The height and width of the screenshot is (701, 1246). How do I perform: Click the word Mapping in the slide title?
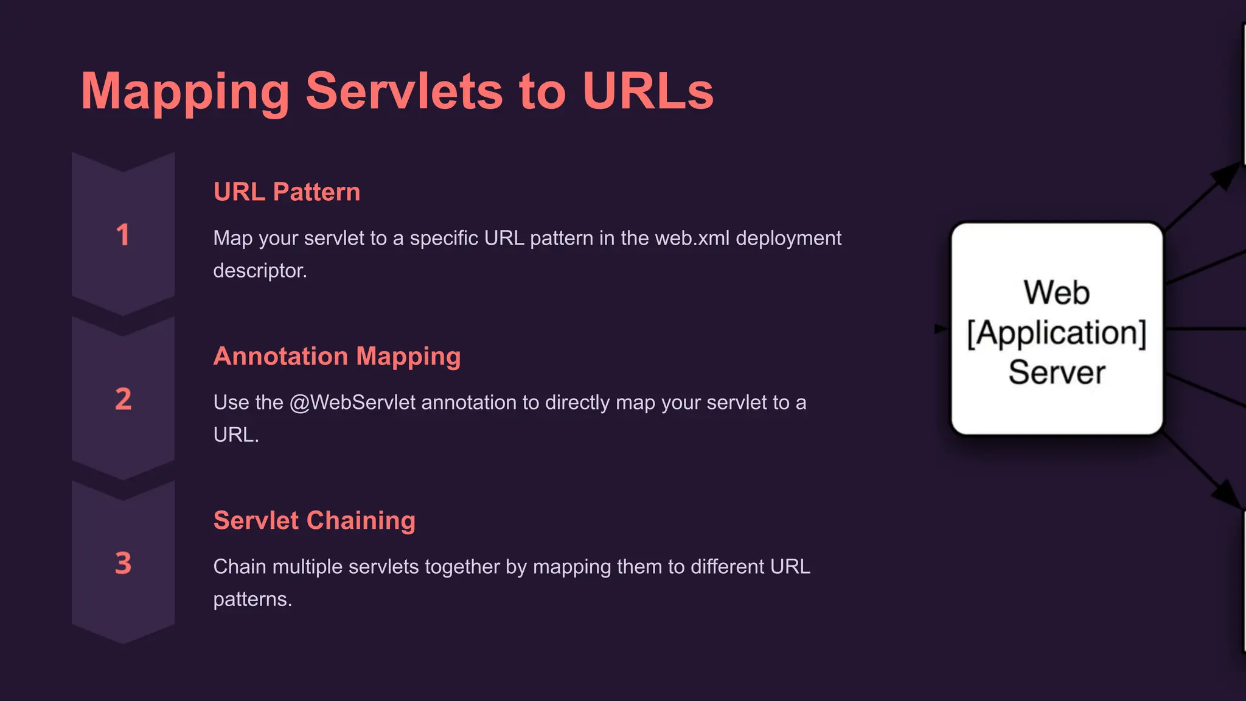coord(186,92)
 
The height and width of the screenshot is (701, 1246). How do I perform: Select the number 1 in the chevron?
coord(123,235)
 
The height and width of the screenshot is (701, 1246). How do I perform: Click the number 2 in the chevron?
coord(123,399)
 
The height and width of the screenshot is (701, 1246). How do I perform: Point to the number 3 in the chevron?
coord(123,563)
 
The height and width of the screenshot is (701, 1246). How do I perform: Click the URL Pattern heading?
coord(287,192)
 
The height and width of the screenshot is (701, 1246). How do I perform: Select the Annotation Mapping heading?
coord(337,357)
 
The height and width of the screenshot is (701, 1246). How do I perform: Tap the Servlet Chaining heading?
coord(314,521)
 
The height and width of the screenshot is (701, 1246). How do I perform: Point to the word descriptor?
coord(260,271)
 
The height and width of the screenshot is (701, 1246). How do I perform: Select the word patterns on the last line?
coord(252,599)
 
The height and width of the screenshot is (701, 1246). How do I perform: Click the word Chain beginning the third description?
coord(240,567)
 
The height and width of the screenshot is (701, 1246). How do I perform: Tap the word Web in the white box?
coord(1056,293)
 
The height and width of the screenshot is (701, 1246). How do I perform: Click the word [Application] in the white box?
coord(1057,333)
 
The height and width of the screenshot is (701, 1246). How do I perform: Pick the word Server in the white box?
coord(1057,372)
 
